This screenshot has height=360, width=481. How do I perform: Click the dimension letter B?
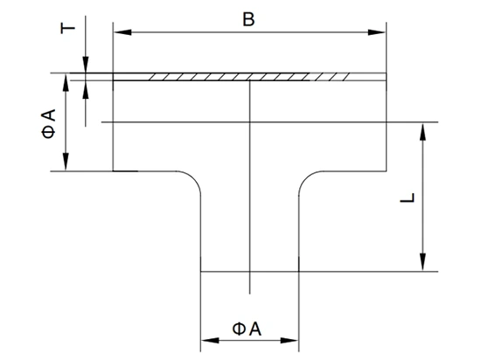[248, 19]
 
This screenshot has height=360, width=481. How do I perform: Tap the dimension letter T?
[68, 28]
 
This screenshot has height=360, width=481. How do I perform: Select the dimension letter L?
[408, 197]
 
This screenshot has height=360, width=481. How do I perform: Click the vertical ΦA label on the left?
[48, 123]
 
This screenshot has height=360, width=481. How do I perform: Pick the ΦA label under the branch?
[247, 329]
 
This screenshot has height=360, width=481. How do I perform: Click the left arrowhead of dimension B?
[122, 32]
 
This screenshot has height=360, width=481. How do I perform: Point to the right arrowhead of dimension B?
[377, 32]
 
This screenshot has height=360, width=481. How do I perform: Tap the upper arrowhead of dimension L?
[422, 131]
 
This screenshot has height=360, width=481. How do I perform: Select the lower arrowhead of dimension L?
[422, 262]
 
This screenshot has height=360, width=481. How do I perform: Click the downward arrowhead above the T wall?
[86, 65]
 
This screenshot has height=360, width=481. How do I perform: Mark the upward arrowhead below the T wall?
[86, 89]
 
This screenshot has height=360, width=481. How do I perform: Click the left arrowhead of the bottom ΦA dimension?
[210, 341]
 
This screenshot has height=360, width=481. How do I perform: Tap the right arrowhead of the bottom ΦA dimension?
[289, 341]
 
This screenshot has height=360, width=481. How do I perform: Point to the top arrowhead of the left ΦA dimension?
[66, 82]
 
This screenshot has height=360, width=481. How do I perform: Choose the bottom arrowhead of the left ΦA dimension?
[66, 162]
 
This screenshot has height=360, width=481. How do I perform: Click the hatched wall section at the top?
[249, 77]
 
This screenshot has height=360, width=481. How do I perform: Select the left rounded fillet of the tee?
[194, 178]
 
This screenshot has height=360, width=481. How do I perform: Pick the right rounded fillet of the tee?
[306, 178]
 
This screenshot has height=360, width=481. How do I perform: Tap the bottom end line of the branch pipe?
[250, 272]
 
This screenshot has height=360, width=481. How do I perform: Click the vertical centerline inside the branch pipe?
[250, 187]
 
